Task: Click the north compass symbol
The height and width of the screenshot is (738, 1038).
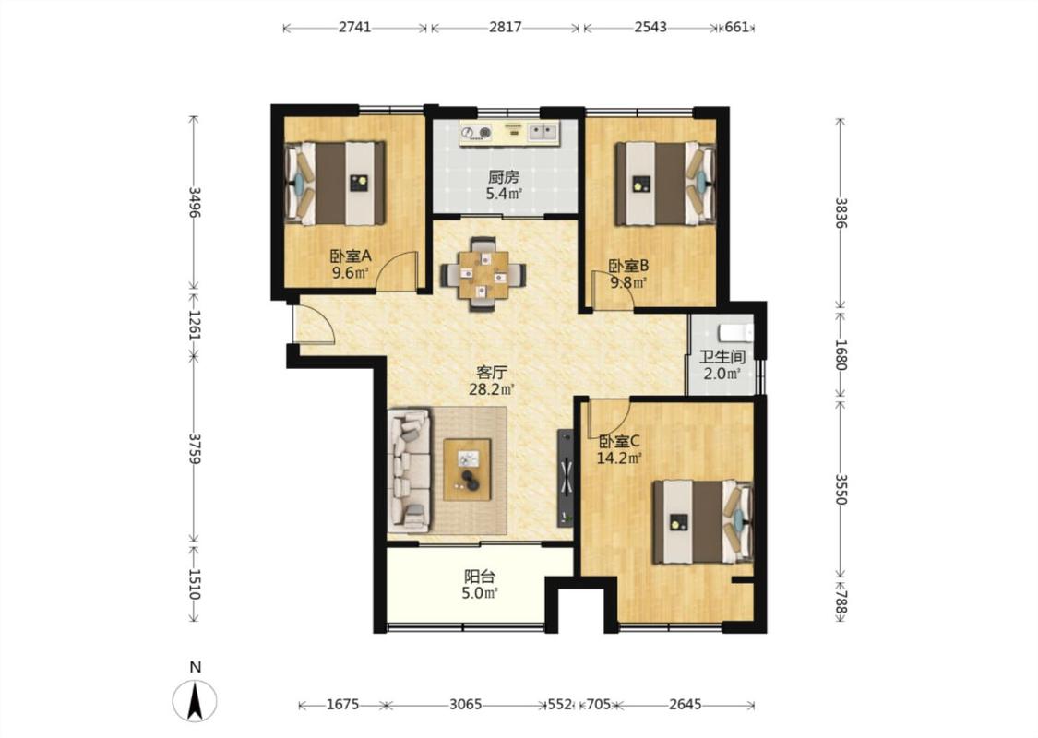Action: pyautogui.click(x=195, y=700)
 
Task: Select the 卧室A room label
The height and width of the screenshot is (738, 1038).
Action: pyautogui.click(x=351, y=256)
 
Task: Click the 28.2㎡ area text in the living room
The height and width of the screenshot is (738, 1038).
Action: pyautogui.click(x=492, y=389)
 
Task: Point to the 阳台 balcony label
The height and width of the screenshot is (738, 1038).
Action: pyautogui.click(x=479, y=577)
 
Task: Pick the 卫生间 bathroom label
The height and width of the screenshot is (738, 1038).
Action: pyautogui.click(x=722, y=357)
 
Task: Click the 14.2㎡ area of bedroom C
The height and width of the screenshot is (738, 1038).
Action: pyautogui.click(x=620, y=458)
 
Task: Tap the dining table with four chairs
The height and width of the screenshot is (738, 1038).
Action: pyautogui.click(x=483, y=273)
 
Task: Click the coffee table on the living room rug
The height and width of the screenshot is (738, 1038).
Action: pyautogui.click(x=468, y=470)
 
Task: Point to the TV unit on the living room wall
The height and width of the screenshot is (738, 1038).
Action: pyautogui.click(x=566, y=478)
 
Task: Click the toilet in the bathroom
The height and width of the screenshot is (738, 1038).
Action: pyautogui.click(x=735, y=331)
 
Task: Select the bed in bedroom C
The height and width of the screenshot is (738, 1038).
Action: pyautogui.click(x=703, y=522)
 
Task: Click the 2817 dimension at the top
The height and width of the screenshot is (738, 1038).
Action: pyautogui.click(x=505, y=27)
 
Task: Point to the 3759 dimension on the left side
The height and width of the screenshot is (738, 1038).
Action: pyautogui.click(x=194, y=448)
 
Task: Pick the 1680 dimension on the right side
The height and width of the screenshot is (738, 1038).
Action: pyautogui.click(x=840, y=355)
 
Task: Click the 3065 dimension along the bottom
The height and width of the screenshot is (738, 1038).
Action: pyautogui.click(x=466, y=704)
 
